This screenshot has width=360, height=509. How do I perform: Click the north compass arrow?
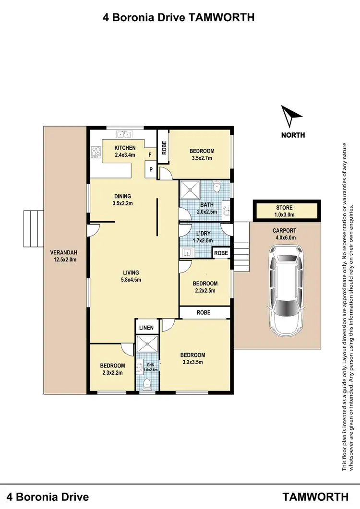tap(291, 116)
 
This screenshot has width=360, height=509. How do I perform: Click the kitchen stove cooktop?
tap(95, 152)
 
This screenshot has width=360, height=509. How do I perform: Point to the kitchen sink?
tap(125, 135)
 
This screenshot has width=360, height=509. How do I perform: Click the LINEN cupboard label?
tap(146, 328)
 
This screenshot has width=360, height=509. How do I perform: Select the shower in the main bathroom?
tap(191, 190)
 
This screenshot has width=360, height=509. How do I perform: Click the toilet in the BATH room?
tap(217, 186)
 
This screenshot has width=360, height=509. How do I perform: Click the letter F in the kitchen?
tap(150, 155)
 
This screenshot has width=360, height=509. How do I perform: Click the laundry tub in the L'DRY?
tap(187, 251)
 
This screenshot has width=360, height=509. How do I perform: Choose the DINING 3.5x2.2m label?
tap(122, 200)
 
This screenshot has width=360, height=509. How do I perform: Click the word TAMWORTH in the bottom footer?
tap(315, 496)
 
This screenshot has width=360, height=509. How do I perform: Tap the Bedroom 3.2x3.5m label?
tap(192, 358)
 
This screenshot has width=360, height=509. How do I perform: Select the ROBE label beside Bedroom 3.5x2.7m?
tap(164, 149)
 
